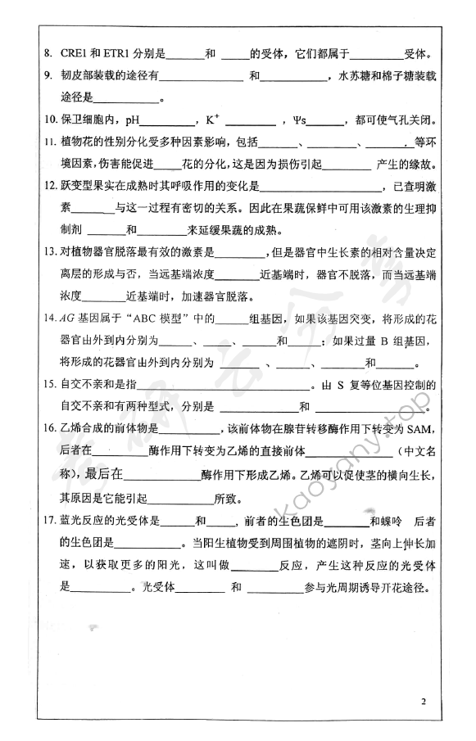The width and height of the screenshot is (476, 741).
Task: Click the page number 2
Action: point(424,702)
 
